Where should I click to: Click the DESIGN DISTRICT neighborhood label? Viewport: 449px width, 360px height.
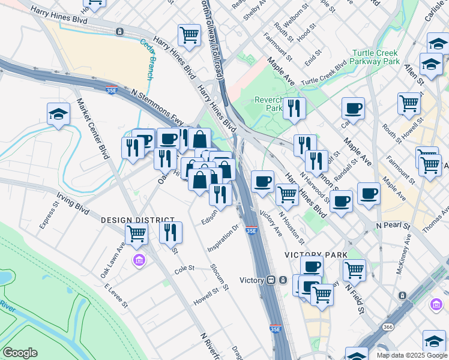point(137,221)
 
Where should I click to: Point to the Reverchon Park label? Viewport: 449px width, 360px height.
point(268,104)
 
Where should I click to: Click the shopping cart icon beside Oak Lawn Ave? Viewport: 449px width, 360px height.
point(137,233)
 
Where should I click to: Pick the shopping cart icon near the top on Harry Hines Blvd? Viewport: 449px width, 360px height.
point(190,35)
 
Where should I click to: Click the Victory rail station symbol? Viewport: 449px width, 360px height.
point(272,280)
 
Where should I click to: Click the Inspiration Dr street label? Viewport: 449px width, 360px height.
point(223,238)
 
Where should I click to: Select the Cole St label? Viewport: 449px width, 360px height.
point(184,268)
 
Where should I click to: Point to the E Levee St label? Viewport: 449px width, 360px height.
point(116,296)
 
